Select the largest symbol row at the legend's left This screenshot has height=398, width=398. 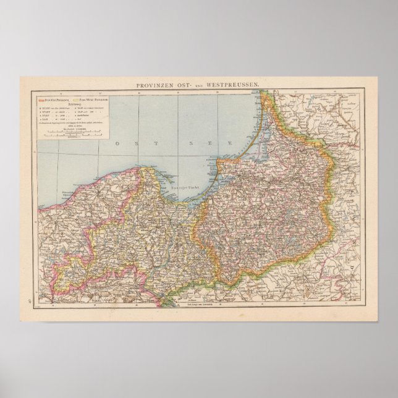(53, 108)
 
